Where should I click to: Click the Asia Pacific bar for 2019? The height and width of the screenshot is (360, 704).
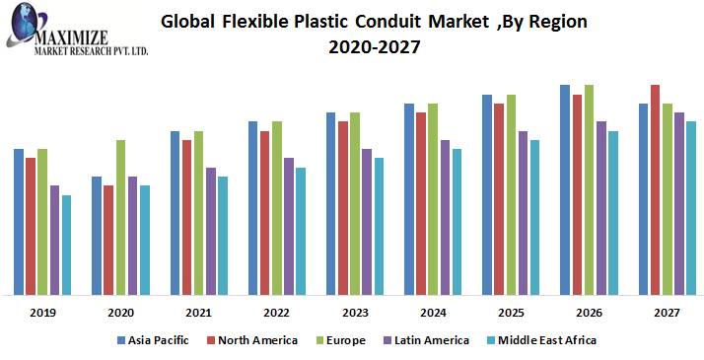coord(19,222)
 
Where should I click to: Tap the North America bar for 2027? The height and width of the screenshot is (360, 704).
coord(655,189)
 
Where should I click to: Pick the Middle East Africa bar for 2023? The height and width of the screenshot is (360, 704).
coord(379,226)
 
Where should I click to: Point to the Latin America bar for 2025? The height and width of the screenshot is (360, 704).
coord(523,213)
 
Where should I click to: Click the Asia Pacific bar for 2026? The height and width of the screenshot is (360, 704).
coord(565,189)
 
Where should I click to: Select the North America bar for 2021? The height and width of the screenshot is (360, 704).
coord(186,217)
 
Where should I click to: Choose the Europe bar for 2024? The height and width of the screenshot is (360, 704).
coord(433,199)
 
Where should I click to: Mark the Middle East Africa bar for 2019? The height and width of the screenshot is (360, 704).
coord(66,245)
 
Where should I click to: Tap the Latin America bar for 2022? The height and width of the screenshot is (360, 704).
coord(289,226)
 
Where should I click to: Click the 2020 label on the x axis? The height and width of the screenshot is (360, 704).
coord(120,313)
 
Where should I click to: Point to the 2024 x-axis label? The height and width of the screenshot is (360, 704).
coord(433,313)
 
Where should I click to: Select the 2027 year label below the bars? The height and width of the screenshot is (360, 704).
coord(667,313)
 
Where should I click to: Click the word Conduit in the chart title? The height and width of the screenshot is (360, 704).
coord(393,20)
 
